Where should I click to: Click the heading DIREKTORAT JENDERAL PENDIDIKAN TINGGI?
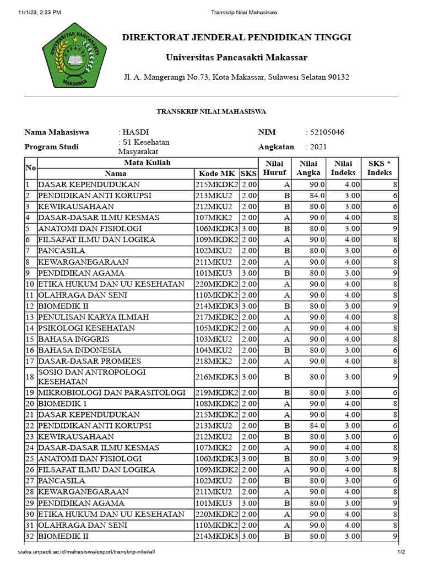tap(236, 37)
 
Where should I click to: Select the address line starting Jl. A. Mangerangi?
tap(236, 77)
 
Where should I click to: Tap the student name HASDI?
tap(133, 132)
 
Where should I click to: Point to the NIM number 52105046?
tap(328, 132)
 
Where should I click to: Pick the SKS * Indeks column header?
tap(379, 168)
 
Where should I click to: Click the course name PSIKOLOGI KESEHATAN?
tap(86, 328)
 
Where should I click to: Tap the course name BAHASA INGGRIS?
tap(73, 339)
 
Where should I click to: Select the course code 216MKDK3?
tap(216, 377)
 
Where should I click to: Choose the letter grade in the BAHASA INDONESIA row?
tap(286, 350)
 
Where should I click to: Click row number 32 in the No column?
tap(30, 536)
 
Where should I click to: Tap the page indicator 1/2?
tap(402, 551)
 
